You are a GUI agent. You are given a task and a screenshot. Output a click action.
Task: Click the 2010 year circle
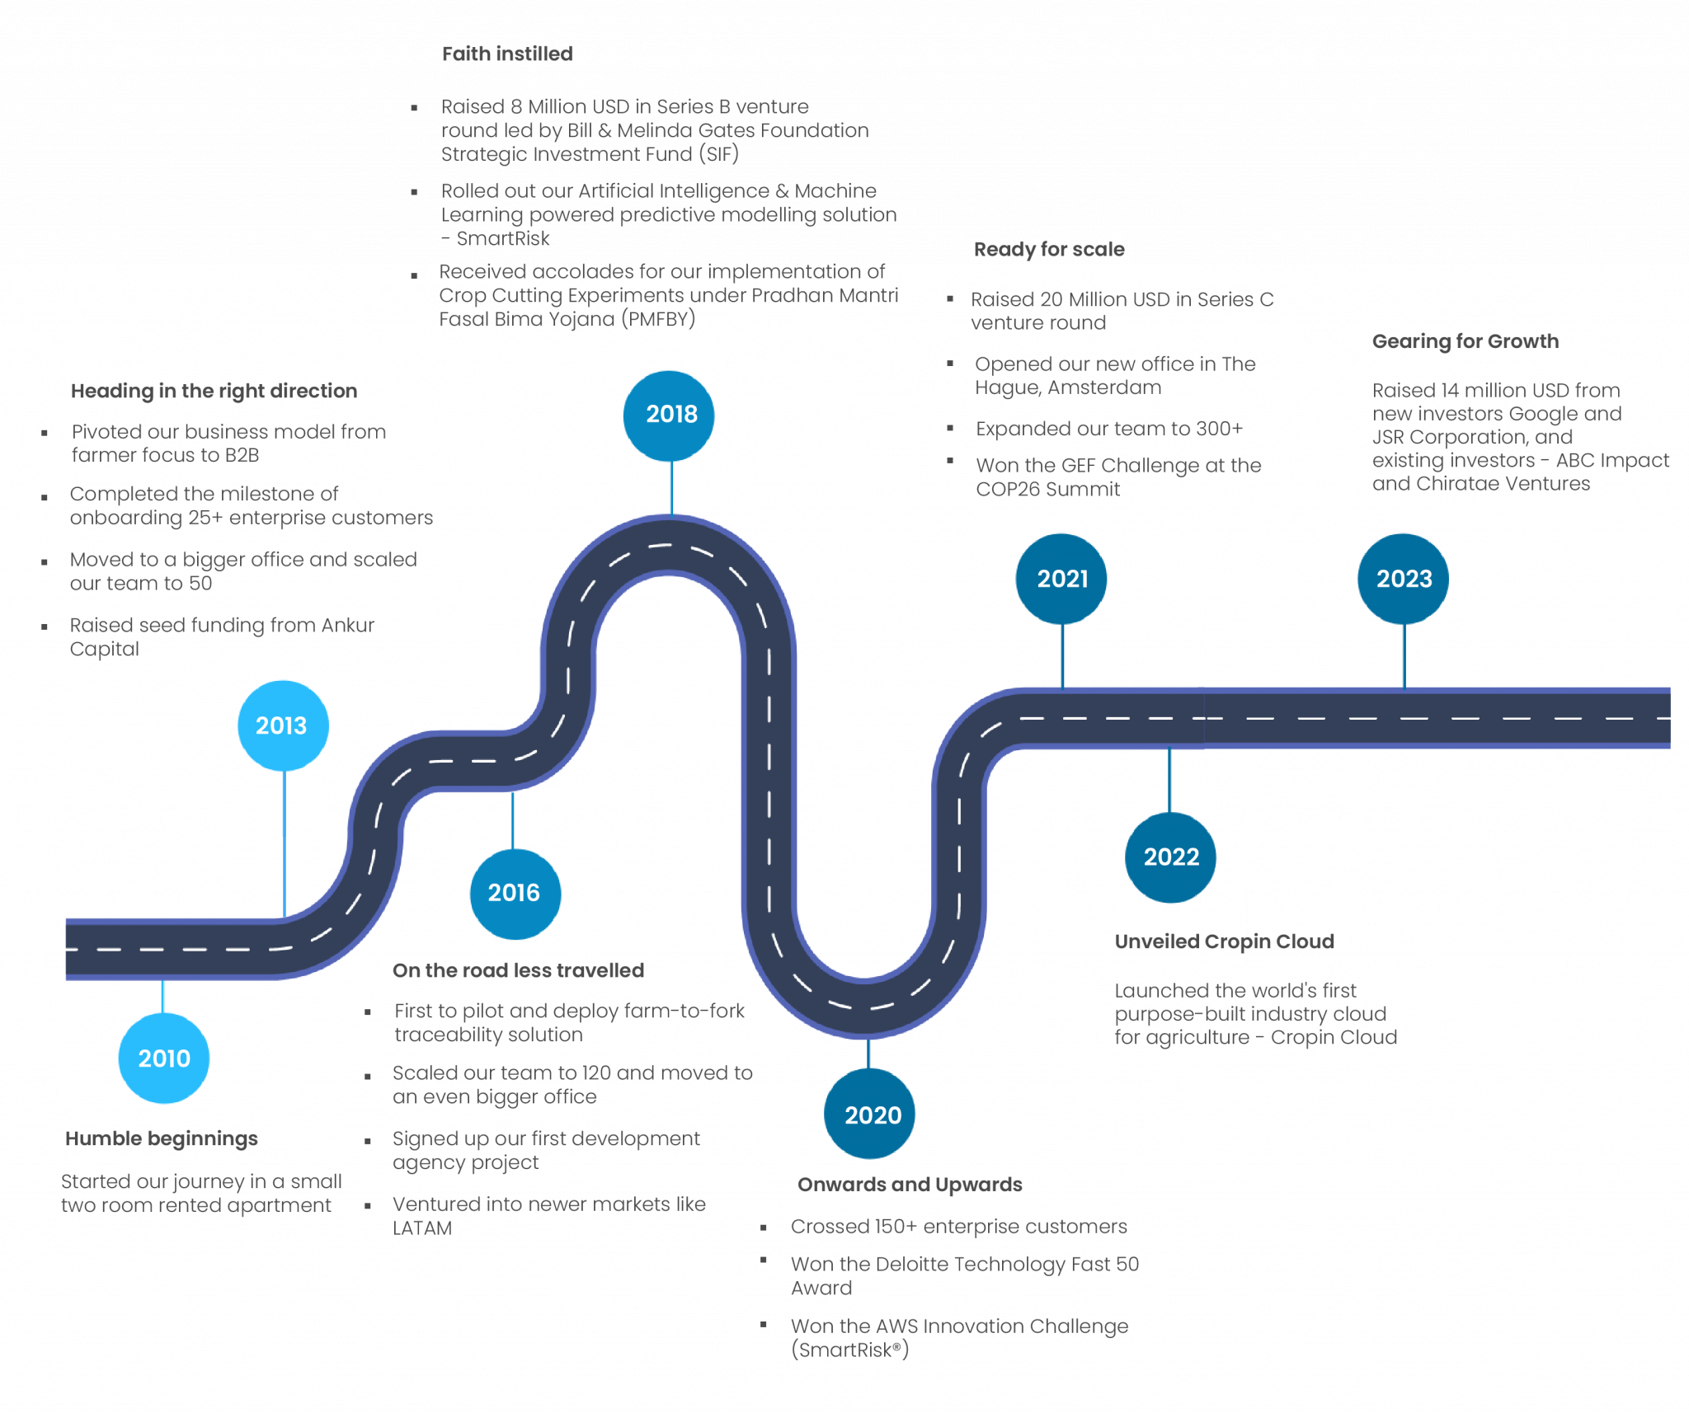163,1058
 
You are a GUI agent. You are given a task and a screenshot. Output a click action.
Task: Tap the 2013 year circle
282,725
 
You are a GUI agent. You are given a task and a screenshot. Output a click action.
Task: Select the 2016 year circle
515,893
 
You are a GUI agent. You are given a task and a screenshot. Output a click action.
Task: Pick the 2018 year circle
670,415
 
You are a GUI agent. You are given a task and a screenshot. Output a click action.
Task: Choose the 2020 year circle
870,1115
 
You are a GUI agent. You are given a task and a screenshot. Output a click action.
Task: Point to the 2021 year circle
1061,579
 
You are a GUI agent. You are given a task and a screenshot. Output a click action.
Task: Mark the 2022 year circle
1170,857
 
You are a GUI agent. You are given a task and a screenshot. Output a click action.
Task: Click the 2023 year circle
1403,579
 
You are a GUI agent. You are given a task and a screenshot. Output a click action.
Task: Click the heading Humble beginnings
162,1138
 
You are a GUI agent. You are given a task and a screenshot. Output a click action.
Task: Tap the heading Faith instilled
507,54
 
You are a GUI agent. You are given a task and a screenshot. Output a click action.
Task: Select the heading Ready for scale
1049,250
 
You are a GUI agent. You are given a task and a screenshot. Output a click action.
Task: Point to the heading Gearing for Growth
1465,341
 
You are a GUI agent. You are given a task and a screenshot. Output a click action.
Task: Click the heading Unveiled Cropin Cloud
1224,941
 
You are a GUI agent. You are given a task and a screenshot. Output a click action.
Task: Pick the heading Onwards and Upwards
910,1185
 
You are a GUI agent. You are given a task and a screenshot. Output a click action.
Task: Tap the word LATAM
422,1228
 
